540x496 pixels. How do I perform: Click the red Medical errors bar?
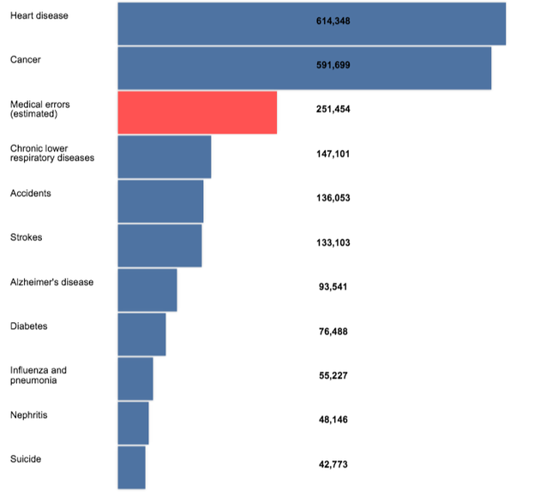coord(197,112)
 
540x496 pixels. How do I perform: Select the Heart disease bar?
coord(311,23)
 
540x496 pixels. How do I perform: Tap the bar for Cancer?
coord(304,68)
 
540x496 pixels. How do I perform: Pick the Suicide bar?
coord(131,467)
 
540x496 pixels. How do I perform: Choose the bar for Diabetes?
coord(141,334)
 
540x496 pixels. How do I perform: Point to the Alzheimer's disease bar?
coord(147,290)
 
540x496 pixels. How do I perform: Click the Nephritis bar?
coord(133,422)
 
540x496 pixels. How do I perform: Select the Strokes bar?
coord(159,245)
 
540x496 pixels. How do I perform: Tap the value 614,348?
coord(333,21)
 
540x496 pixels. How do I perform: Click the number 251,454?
coord(333,110)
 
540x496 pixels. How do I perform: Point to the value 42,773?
coord(333,464)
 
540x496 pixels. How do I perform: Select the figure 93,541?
coord(333,287)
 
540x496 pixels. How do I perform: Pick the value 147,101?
coord(333,154)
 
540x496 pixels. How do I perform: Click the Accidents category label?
coord(30,194)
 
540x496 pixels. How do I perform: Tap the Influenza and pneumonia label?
coord(38,375)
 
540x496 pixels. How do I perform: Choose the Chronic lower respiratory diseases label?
coord(51,153)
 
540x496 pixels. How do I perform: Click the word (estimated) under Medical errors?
coord(33,114)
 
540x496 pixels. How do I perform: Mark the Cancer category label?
coord(25,60)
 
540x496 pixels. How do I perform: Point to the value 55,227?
coord(333,376)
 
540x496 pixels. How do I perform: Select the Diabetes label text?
coord(28,326)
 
